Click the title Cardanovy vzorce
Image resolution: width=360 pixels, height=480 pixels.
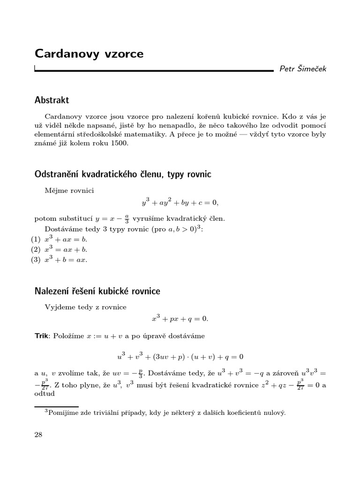coord(89,54)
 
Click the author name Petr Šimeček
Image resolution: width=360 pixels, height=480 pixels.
coord(303,69)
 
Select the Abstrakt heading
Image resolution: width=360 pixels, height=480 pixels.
coord(52,100)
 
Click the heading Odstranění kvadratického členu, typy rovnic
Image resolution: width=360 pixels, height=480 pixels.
coord(123,174)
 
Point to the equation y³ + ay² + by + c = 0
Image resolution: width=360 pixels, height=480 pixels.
coord(180,203)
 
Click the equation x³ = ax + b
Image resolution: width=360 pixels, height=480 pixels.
coord(66,249)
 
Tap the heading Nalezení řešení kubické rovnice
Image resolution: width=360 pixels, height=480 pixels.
coord(97,292)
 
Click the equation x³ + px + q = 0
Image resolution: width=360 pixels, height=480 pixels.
coord(180,319)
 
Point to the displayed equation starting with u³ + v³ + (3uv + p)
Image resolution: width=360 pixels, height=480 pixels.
coord(180,356)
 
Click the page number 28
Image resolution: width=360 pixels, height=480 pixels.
coord(38,435)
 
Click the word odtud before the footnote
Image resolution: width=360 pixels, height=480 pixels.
coord(45,394)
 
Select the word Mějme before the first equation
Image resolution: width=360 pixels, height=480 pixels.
coord(56,190)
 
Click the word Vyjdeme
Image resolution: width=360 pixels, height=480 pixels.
coord(60,307)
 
